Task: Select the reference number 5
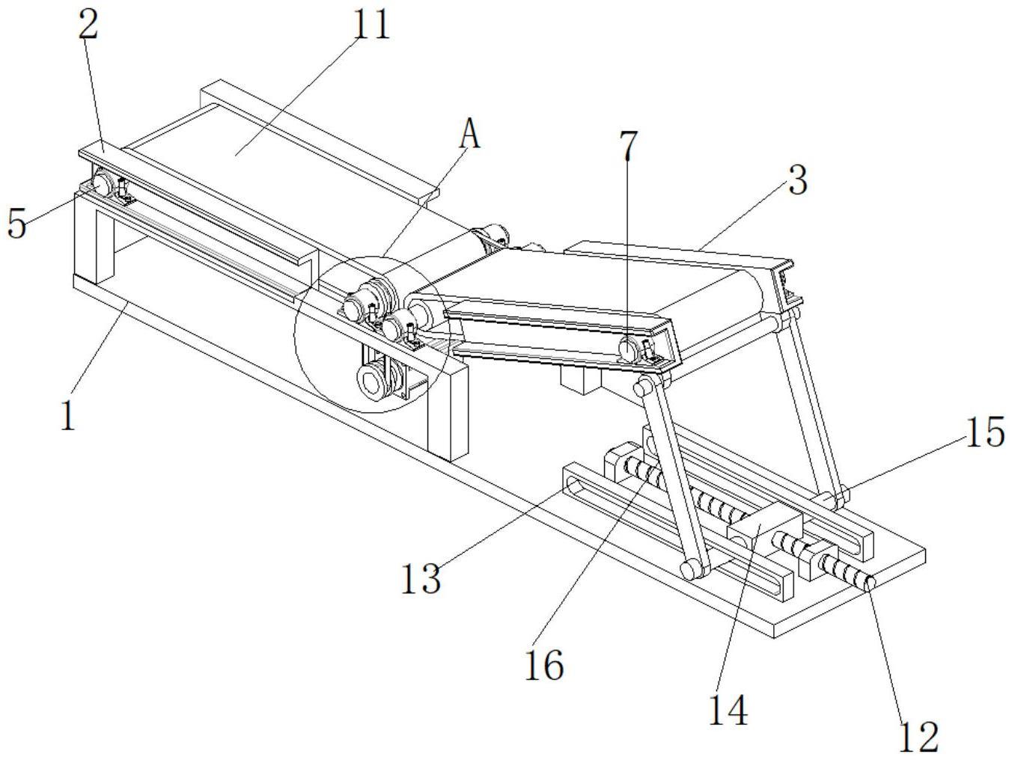click(x=17, y=222)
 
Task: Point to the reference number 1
click(x=68, y=415)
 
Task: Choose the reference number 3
click(x=798, y=180)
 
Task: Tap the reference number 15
click(x=984, y=432)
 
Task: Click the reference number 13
click(x=421, y=578)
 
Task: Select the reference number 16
click(x=543, y=664)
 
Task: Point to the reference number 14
click(x=728, y=710)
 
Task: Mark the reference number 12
click(x=918, y=738)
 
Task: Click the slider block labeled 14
click(x=763, y=533)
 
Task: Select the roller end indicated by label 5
click(x=100, y=182)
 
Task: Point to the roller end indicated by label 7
click(x=627, y=348)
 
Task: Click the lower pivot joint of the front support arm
click(x=690, y=570)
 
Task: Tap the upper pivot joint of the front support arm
click(x=642, y=387)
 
